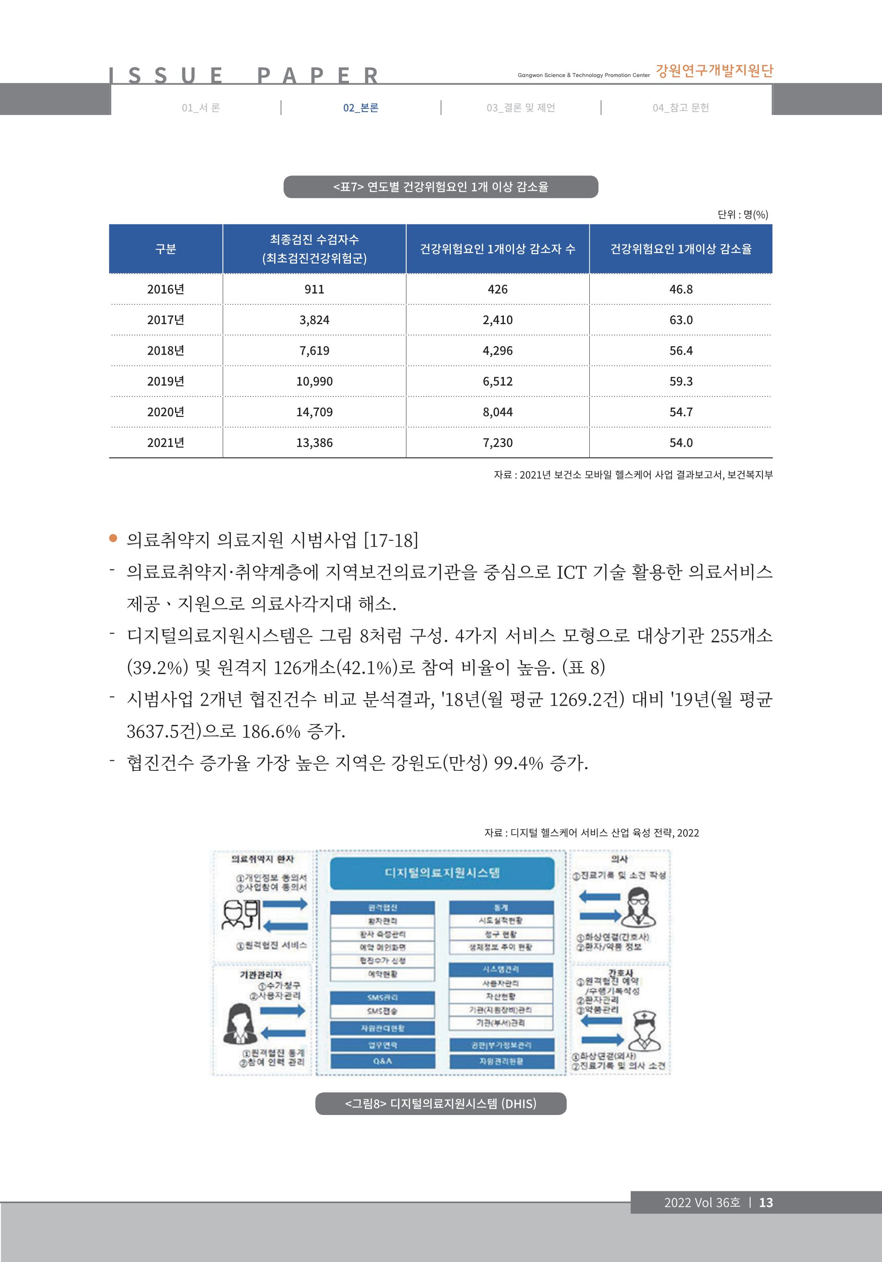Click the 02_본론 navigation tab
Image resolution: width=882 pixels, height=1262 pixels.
coord(361,108)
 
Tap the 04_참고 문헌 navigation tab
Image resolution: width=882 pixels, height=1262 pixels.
coord(680,108)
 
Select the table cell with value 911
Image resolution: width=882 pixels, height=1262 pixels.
coord(314,289)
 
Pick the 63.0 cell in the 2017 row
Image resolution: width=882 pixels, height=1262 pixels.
coord(681,320)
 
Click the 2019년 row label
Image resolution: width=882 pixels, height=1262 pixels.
coord(165,382)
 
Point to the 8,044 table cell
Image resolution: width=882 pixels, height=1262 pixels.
coord(497,412)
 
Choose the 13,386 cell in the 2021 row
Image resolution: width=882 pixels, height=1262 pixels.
coord(314,443)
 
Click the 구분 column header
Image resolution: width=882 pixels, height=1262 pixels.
coord(165,249)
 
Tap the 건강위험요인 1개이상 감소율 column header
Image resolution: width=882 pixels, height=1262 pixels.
coord(681,249)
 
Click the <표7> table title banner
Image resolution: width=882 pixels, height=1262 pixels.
coord(441,187)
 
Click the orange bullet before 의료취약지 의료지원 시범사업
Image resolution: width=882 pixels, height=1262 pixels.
coord(113,538)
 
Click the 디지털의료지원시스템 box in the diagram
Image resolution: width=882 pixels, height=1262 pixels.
coord(442,873)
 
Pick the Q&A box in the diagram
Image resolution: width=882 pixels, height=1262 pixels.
coord(383,1062)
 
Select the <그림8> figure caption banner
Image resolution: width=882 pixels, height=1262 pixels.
coord(441,1104)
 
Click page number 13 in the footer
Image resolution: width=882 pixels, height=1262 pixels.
coord(766,1203)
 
